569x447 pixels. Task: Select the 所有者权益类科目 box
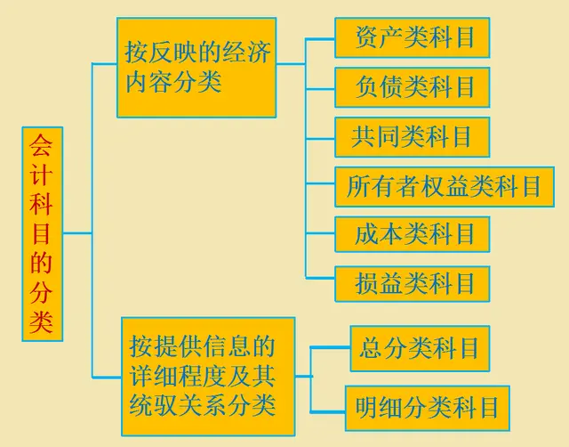444,186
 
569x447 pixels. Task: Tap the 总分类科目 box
420,347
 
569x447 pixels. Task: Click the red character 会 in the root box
43,145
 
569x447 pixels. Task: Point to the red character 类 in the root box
43,322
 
